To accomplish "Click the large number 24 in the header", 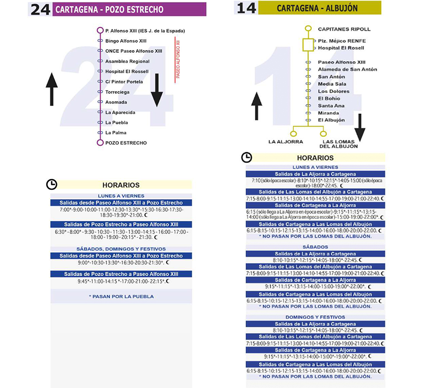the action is (x=41, y=10).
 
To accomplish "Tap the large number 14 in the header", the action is (x=247, y=8).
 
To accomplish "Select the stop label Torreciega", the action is (x=117, y=92).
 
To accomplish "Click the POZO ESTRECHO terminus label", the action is (x=126, y=143).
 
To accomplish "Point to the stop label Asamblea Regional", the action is (x=127, y=61).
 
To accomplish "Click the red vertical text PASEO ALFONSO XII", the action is (x=178, y=59).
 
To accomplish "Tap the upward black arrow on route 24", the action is (x=52, y=89).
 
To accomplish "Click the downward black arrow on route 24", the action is (x=157, y=90).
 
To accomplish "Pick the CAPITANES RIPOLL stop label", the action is (x=344, y=29).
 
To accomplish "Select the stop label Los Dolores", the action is (x=333, y=91).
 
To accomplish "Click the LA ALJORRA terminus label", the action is (x=286, y=142).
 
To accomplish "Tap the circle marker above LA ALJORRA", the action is (x=293, y=134).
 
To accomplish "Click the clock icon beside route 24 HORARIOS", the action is (x=52, y=185).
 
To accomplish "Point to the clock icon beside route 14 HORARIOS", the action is (x=247, y=157).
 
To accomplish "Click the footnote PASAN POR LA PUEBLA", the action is (x=122, y=296).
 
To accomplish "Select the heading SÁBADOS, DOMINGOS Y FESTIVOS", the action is (x=121, y=249).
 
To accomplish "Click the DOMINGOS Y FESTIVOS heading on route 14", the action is (x=315, y=317).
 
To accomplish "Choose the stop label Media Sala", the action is (x=332, y=84).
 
